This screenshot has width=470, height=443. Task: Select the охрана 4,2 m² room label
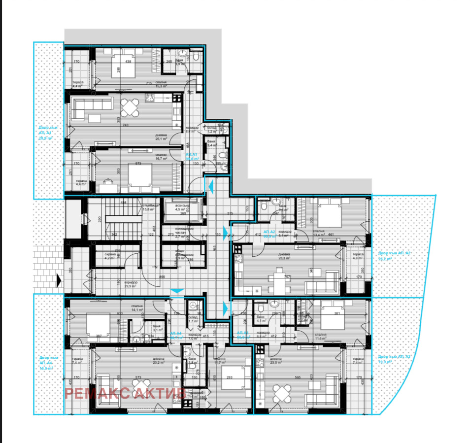(x=109, y=256)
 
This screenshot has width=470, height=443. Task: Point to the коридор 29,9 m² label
(x=131, y=284)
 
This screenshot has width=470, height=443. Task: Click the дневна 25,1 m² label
(x=161, y=137)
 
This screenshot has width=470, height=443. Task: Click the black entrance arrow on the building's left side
(x=60, y=280)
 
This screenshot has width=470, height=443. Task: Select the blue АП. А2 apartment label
(x=269, y=234)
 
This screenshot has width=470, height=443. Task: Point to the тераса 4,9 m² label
(x=358, y=256)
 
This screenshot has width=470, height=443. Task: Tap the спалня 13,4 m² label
(x=318, y=233)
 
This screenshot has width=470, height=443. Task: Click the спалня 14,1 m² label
(x=136, y=308)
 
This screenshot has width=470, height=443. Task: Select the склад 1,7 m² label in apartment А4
(x=193, y=318)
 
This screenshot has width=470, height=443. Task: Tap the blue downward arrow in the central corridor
(x=177, y=291)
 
